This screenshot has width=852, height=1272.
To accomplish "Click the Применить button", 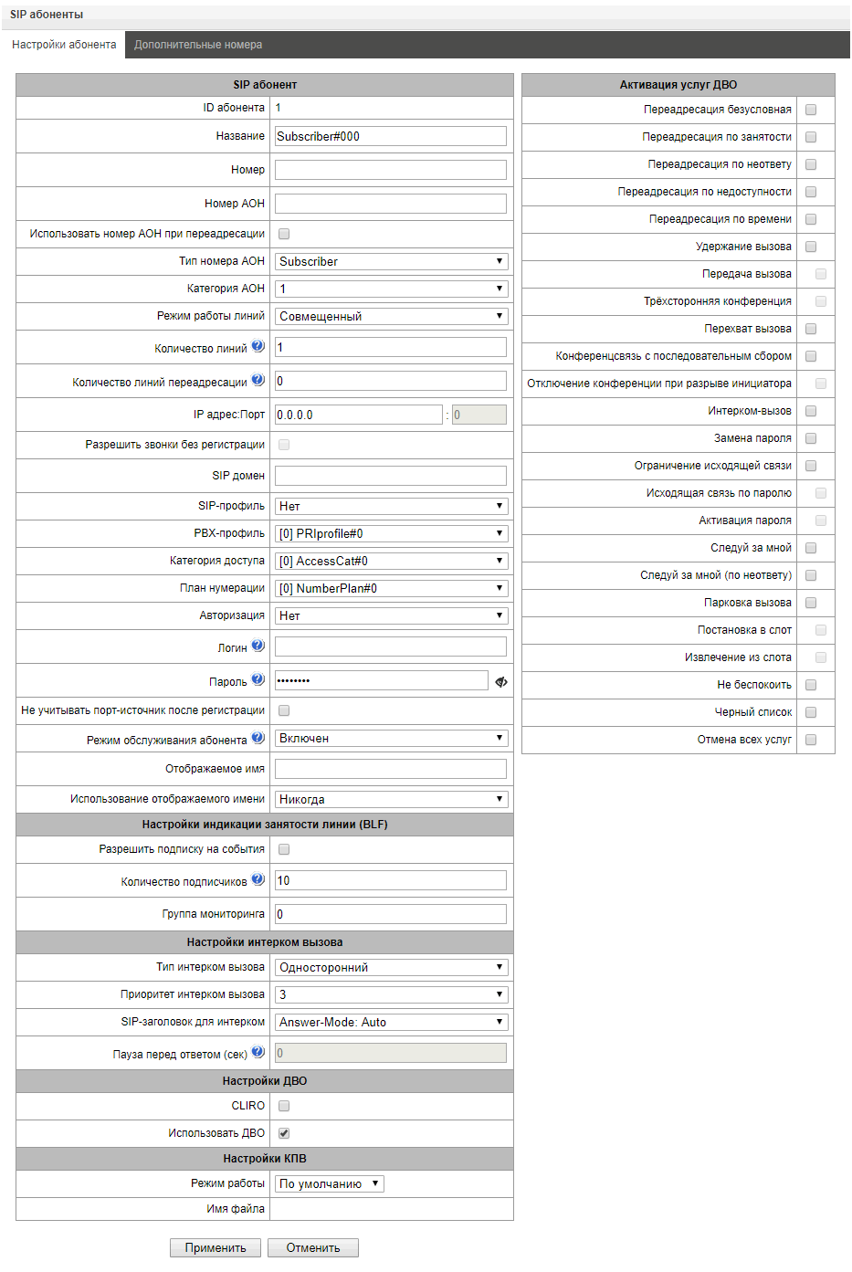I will click(216, 1247).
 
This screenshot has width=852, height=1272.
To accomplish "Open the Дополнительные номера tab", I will click(198, 45).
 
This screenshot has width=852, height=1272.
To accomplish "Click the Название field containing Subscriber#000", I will click(390, 136).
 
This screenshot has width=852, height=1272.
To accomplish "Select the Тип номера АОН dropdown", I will click(391, 261).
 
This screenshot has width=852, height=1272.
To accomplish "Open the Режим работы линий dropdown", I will click(391, 316).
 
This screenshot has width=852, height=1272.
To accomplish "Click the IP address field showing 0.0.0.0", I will click(358, 415).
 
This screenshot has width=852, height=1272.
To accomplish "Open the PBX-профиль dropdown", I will click(391, 533).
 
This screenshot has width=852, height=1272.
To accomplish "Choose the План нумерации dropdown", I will click(391, 588).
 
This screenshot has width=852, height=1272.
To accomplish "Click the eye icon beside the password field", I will click(501, 681).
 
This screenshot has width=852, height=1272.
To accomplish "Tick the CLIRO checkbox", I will click(284, 1106).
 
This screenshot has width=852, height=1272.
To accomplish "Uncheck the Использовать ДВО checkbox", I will click(284, 1133).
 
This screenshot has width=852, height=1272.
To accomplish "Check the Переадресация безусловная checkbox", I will click(811, 110).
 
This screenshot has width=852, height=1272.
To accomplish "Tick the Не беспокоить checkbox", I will click(811, 685).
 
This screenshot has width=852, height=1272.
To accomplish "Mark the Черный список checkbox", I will click(811, 712).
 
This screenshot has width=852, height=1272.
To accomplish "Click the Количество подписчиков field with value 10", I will click(390, 880).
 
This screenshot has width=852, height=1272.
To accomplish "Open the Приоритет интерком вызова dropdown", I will click(391, 994).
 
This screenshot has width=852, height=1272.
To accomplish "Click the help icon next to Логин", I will click(258, 646).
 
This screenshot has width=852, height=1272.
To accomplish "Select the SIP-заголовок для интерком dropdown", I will click(391, 1022).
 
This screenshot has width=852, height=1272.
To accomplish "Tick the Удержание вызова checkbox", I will click(811, 247).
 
